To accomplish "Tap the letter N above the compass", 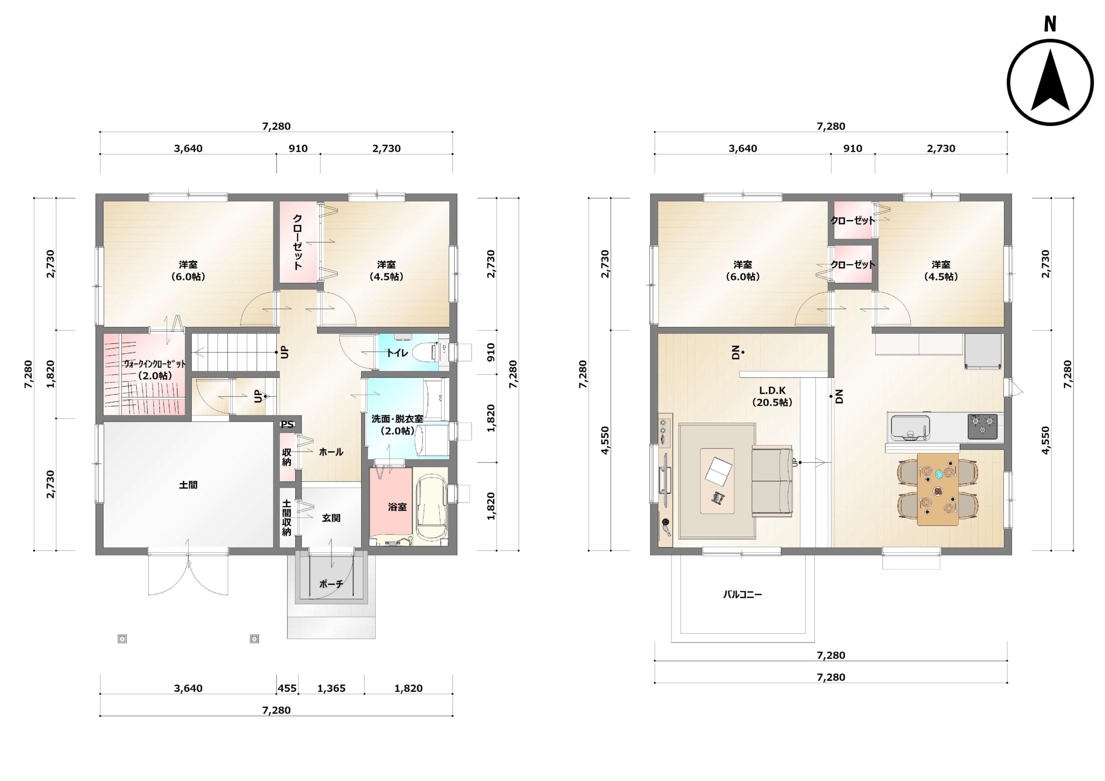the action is (x=1050, y=24).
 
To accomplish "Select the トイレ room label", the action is (x=397, y=353).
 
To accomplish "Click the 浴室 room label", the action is (x=397, y=506).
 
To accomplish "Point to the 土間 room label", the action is (x=188, y=485).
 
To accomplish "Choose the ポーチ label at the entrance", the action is (x=331, y=584).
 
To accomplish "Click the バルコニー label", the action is (x=742, y=594).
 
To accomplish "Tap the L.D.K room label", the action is (x=773, y=390).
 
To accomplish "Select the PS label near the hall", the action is (x=287, y=424).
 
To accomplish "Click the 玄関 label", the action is (x=331, y=518).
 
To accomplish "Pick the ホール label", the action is (x=331, y=452).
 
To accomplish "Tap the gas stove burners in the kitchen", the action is (x=982, y=426).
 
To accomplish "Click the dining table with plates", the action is (x=938, y=489).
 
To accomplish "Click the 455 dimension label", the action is (x=287, y=688).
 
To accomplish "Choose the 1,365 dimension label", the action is (x=331, y=688).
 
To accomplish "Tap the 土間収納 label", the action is (x=287, y=518).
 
